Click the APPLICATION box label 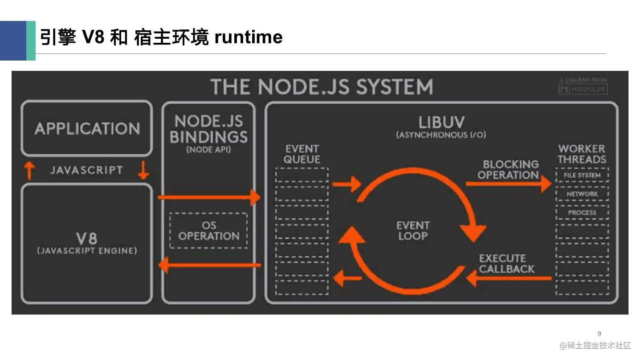click(87, 129)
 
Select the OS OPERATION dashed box click(208, 230)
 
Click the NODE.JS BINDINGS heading click(208, 129)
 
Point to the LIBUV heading click(441, 122)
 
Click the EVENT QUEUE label click(302, 154)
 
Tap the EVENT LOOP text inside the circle click(413, 230)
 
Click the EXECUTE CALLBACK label click(506, 264)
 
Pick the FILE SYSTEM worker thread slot click(582, 175)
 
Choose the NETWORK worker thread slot click(582, 194)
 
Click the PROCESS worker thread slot click(582, 213)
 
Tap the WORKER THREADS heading click(582, 154)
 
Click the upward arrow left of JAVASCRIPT click(29, 170)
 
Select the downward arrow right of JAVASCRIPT click(143, 170)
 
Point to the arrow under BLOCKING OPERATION click(508, 184)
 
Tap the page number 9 click(599, 334)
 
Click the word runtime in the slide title click(248, 37)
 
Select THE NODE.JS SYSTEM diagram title click(321, 86)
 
